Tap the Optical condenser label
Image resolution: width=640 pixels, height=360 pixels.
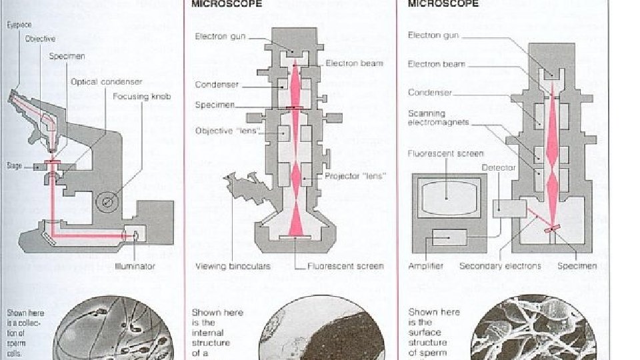[107, 81]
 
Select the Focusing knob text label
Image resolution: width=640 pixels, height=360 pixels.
[142, 96]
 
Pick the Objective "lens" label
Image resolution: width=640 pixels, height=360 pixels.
[223, 131]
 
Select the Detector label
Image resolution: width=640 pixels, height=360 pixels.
[498, 168]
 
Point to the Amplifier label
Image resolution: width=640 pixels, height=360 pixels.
[425, 266]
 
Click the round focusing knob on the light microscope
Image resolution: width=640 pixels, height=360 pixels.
[107, 200]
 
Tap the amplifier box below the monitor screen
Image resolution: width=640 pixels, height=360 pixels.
[449, 237]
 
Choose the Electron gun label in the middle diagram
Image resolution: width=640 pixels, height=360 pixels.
[219, 37]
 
